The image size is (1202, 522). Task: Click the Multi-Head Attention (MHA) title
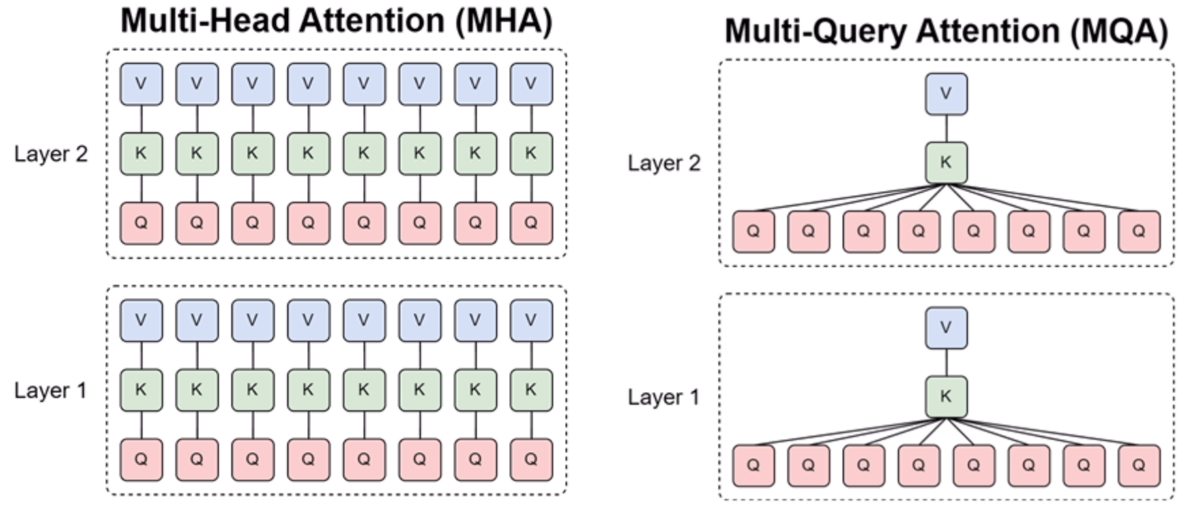pyautogui.click(x=336, y=20)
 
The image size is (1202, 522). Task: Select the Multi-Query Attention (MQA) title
pyautogui.click(x=946, y=31)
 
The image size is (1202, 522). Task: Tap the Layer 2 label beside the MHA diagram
pyautogui.click(x=51, y=154)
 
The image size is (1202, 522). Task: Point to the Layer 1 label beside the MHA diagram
pyautogui.click(x=51, y=390)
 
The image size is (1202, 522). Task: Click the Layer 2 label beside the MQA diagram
pyautogui.click(x=664, y=164)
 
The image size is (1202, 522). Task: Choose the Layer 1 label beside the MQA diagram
pyautogui.click(x=664, y=397)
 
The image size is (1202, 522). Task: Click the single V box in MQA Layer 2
pyautogui.click(x=946, y=94)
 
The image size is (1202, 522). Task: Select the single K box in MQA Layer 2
pyautogui.click(x=946, y=163)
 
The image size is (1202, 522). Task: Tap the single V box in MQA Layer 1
pyautogui.click(x=946, y=328)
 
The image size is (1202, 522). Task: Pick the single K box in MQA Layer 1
pyautogui.click(x=946, y=397)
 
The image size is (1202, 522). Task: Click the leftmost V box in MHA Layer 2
pyautogui.click(x=141, y=84)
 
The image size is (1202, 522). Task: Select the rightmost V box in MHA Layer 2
pyautogui.click(x=531, y=84)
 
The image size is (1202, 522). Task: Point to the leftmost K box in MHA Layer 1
pyautogui.click(x=141, y=390)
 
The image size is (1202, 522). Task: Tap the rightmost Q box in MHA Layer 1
pyautogui.click(x=531, y=459)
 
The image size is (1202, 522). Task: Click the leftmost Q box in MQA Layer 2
pyautogui.click(x=753, y=232)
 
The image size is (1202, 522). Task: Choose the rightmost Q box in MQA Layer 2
pyautogui.click(x=1139, y=232)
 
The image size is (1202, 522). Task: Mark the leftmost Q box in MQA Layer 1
pyautogui.click(x=753, y=465)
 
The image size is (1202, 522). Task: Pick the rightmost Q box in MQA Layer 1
pyautogui.click(x=1139, y=465)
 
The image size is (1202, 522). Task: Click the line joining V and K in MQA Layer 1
pyautogui.click(x=946, y=362)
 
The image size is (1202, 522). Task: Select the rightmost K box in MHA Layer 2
pyautogui.click(x=531, y=153)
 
